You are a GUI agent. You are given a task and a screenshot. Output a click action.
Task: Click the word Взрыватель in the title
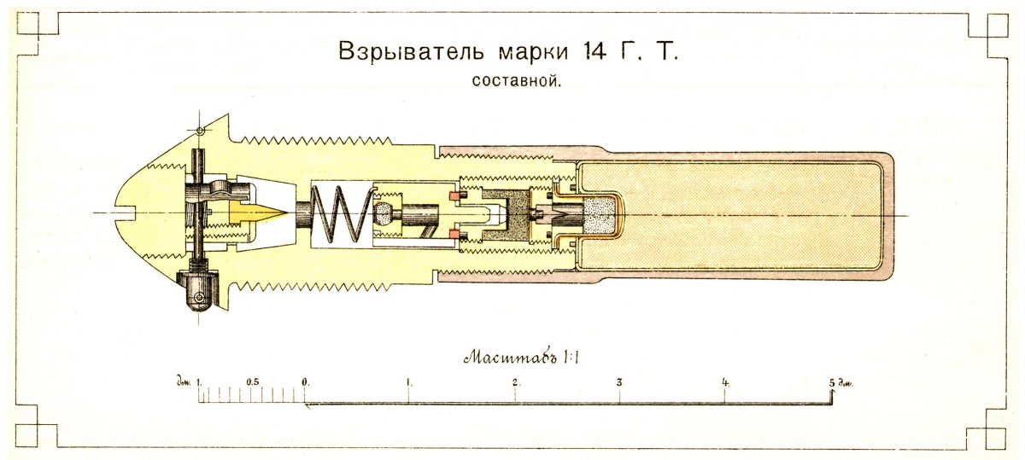pos(411,51)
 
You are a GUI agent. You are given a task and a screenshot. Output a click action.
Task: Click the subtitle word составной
pos(516,81)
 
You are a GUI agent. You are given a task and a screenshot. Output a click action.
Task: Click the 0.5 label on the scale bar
pos(253,381)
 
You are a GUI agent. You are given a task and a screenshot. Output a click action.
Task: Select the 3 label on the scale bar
pos(619,382)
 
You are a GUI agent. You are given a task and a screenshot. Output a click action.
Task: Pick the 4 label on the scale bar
pos(725,382)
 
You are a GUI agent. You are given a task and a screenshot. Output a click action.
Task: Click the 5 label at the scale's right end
pos(831,382)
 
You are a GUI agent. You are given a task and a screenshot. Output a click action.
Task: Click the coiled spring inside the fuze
pos(341,214)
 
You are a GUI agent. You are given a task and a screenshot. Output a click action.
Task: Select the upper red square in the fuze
pos(454,195)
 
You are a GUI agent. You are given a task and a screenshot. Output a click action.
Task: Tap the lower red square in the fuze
pos(454,234)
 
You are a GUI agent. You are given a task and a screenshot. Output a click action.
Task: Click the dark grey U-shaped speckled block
pos(507,215)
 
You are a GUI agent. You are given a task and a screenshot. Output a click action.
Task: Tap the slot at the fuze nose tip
pos(125,213)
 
